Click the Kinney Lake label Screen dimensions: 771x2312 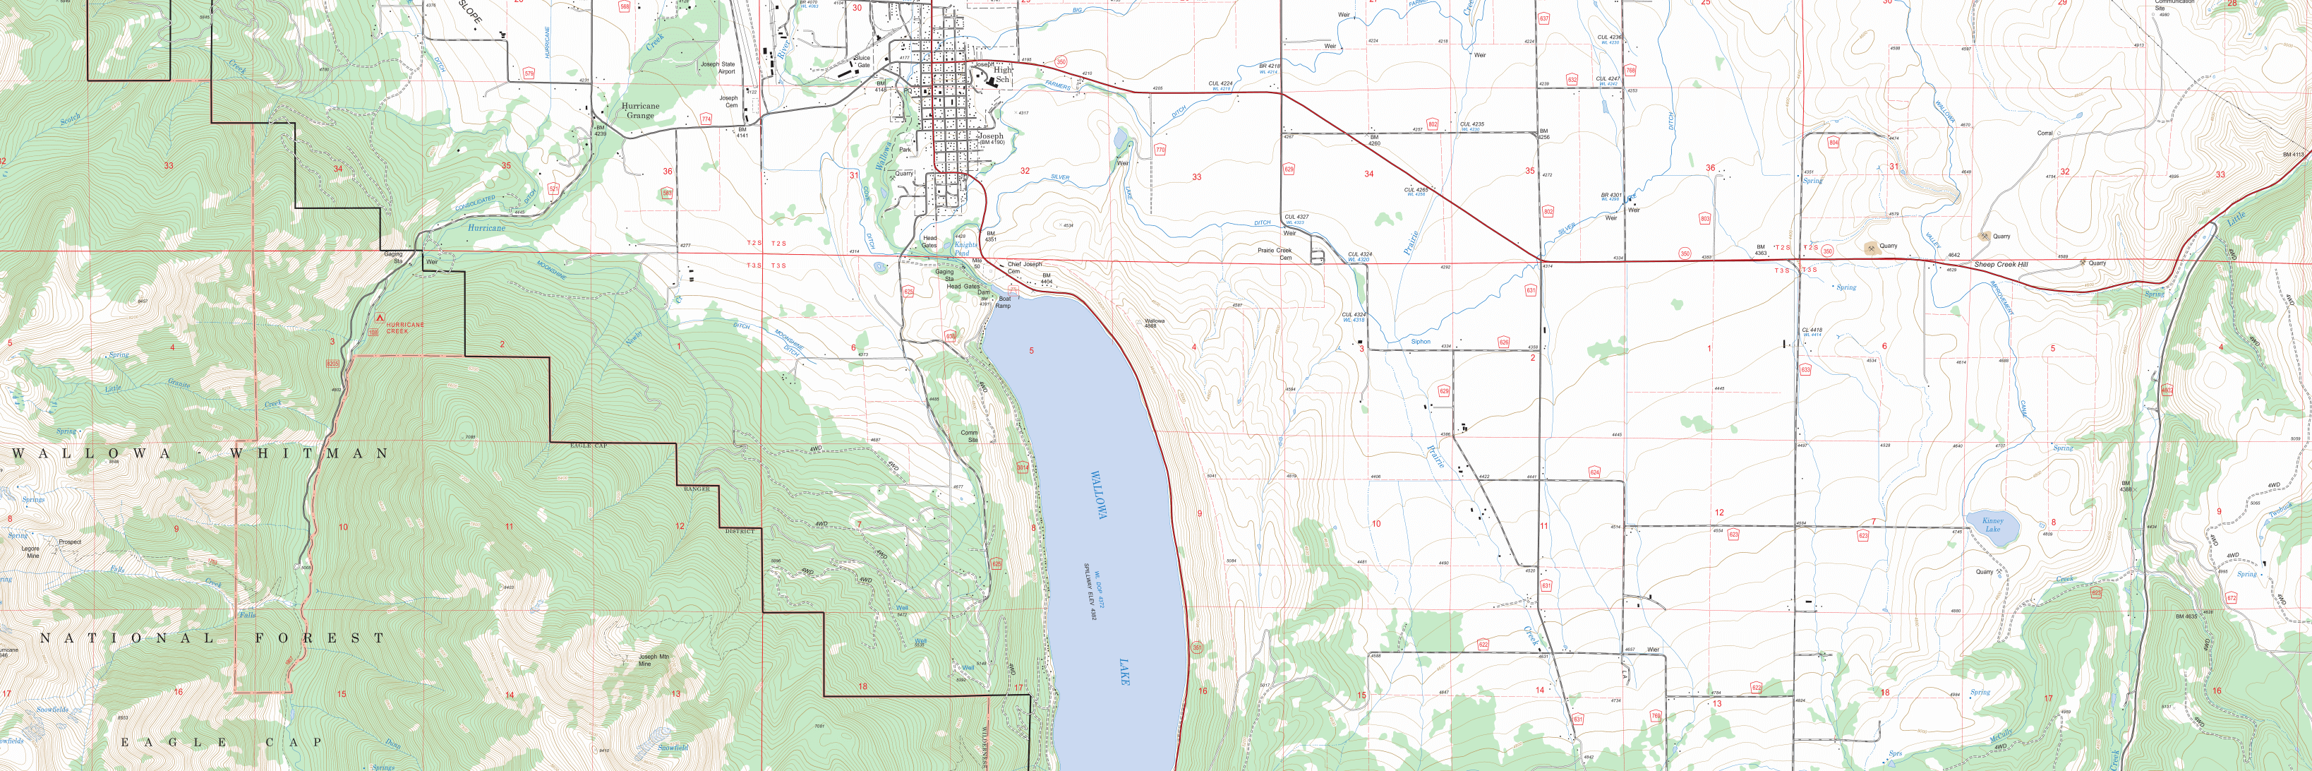(1992, 524)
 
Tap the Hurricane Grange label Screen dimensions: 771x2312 (640, 110)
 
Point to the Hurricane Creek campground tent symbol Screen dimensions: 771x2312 (379, 318)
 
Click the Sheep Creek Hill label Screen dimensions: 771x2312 (2001, 265)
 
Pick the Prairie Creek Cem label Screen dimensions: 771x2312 (1275, 254)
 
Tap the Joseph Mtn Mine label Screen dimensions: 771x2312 (654, 659)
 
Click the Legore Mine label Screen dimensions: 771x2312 (30, 551)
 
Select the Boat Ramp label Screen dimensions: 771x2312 (1004, 302)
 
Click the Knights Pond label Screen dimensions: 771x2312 (965, 249)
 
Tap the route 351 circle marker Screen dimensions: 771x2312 (1196, 647)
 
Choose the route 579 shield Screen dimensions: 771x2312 (529, 73)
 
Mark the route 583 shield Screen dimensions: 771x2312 (666, 193)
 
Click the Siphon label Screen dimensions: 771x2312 (1421, 342)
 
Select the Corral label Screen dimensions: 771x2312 (2045, 133)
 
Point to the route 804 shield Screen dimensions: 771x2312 (1834, 143)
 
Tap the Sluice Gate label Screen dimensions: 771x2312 (862, 61)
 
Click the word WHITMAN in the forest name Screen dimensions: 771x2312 (310, 454)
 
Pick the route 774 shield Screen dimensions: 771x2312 (706, 119)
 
